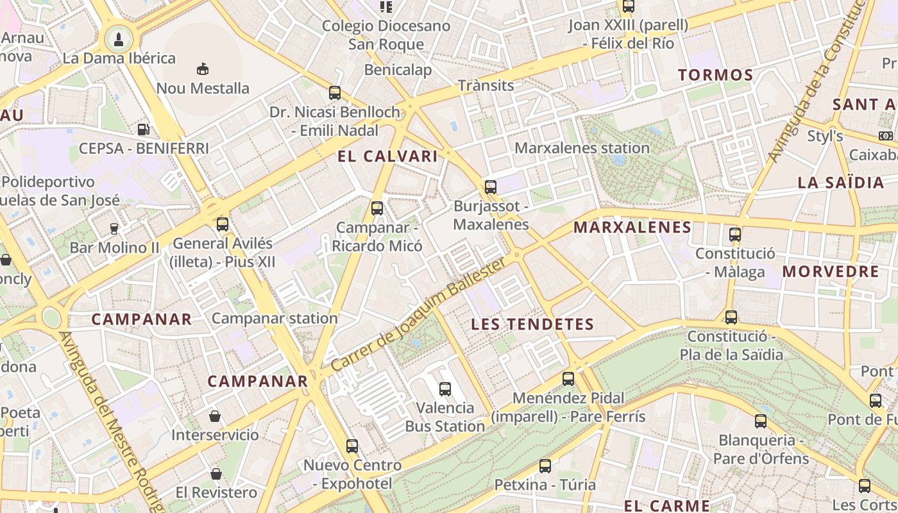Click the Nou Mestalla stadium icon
203,69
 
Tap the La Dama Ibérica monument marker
118,39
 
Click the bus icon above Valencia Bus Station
445,389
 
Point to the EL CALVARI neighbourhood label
387,156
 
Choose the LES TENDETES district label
532,324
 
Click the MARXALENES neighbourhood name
632,227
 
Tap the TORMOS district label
715,75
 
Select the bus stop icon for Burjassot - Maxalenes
490,187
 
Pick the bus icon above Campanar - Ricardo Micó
377,208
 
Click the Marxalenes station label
582,148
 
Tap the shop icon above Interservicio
215,416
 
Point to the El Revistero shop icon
216,474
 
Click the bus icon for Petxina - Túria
545,466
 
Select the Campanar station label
274,318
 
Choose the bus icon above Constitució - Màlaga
735,235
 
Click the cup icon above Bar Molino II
114,228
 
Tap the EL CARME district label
666,505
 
